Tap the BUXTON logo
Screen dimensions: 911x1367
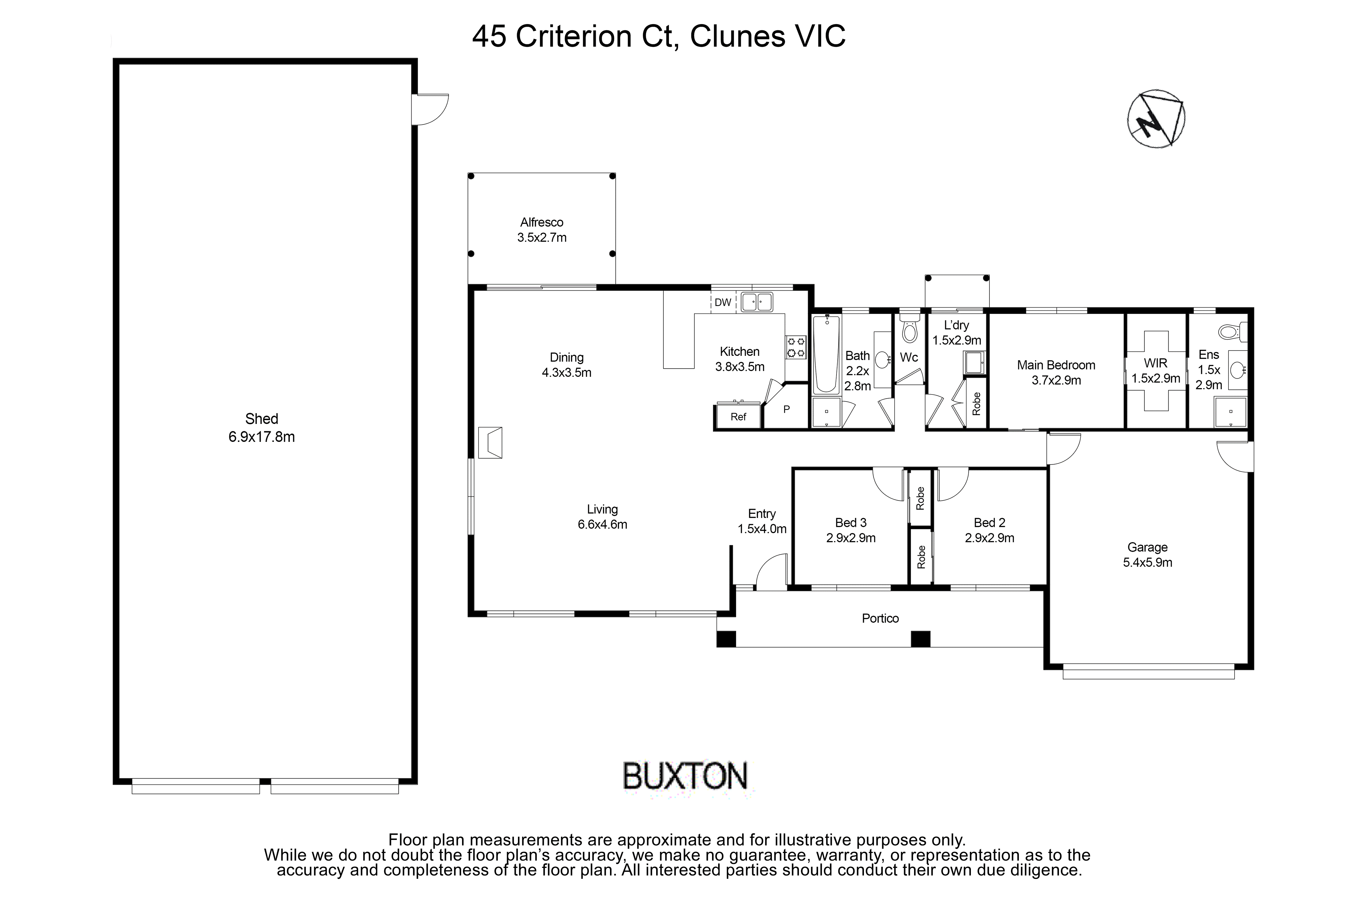pos(685,776)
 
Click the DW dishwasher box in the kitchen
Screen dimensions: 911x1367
pos(722,302)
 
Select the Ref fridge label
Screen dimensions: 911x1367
pos(738,417)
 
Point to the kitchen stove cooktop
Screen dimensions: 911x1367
pos(796,347)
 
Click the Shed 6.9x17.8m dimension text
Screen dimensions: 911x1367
pos(262,437)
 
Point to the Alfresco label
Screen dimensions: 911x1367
pos(542,222)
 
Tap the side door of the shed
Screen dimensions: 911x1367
pos(429,109)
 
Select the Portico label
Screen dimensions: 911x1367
pos(880,618)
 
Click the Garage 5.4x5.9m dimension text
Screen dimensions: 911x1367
pos(1147,562)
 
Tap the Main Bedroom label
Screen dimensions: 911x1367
pos(1056,365)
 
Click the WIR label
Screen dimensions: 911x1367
pos(1156,363)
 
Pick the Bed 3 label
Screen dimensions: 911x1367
pos(851,522)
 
